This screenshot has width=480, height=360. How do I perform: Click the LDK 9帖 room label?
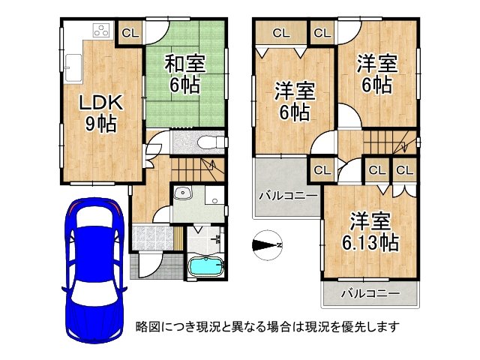97,112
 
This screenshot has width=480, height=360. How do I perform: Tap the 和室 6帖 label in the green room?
183,74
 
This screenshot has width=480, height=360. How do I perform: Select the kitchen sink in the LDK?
73,67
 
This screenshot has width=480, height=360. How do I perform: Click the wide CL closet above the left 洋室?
281,32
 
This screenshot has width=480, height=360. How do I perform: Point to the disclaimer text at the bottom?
267,326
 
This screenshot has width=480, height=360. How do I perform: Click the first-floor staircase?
196,166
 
